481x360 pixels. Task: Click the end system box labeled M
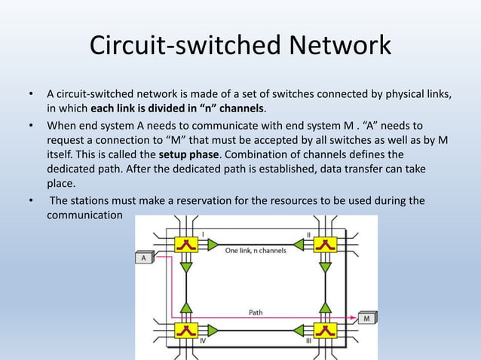[367, 318]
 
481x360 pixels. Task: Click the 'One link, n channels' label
[255, 251]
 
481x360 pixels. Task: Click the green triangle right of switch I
[213, 244]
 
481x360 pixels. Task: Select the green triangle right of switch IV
[213, 330]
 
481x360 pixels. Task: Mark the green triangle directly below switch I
[185, 267]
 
